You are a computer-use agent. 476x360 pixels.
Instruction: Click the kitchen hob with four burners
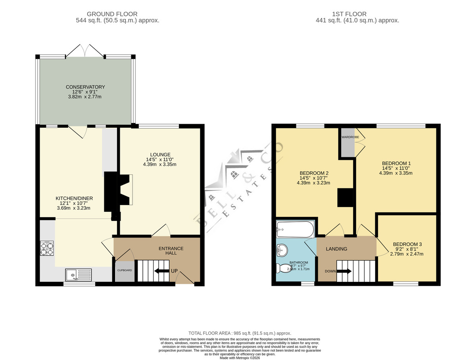pos(47,248)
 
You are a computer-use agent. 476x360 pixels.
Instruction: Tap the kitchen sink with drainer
pos(79,275)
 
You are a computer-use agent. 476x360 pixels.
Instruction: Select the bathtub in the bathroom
pos(295,229)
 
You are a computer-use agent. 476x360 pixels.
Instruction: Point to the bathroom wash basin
pos(282,250)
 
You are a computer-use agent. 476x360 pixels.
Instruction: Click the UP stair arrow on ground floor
pos(161,271)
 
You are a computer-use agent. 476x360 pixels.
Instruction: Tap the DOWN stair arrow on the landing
pos(344,271)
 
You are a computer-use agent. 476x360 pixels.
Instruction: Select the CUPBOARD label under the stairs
pos(125,270)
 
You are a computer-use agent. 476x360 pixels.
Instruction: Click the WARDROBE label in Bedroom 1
pos(350,137)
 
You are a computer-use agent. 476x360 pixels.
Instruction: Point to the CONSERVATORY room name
pos(85,87)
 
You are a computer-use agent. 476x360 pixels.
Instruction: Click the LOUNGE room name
pos(160,155)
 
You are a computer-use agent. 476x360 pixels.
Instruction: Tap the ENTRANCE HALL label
pos(171,251)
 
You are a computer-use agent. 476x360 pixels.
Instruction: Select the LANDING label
pos(336,249)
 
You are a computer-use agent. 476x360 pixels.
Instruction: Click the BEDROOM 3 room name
pos(407,244)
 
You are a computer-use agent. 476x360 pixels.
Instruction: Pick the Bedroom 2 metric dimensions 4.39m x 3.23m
pos(313,183)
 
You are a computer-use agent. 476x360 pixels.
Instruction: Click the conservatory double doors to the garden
pos(85,50)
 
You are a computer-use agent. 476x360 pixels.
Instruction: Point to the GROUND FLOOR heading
pos(112,14)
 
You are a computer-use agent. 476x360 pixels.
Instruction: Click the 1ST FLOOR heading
pos(349,14)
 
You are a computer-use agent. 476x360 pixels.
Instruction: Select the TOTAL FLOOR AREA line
pos(240,333)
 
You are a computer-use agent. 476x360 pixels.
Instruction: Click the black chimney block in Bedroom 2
pos(345,197)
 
